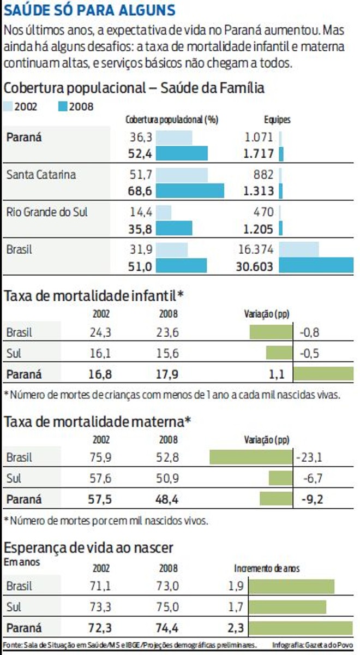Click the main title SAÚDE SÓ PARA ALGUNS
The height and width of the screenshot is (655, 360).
90,10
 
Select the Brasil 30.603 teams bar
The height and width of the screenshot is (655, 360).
316,265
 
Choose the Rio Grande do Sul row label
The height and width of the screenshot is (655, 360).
47,212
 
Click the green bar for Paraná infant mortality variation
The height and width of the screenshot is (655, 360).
323,374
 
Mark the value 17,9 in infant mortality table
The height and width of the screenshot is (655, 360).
168,374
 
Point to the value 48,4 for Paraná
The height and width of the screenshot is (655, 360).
168,499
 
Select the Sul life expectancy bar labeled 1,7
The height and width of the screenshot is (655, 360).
287,607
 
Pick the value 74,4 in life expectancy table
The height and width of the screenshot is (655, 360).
168,628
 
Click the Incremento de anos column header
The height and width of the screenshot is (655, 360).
267,568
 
